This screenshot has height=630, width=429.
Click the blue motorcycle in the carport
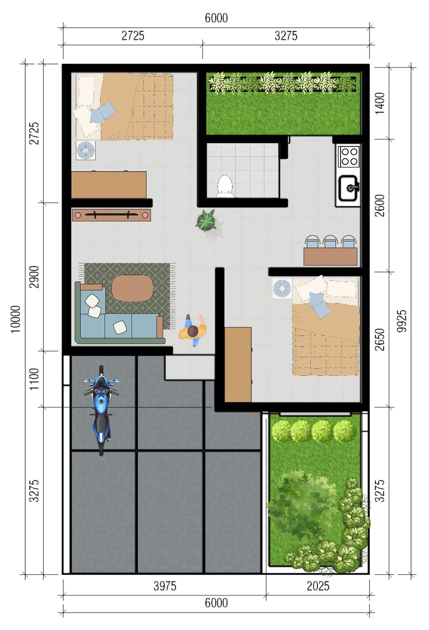coord(101,410)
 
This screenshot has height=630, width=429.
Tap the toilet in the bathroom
coord(225,185)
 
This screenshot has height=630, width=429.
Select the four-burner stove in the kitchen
coord(349,156)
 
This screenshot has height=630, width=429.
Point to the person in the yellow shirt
coord(193,330)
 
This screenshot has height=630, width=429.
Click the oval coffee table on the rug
coord(132,288)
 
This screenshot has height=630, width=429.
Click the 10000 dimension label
coord(16,319)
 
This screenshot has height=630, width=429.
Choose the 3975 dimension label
coord(165,586)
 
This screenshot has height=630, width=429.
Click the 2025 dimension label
coord(318,586)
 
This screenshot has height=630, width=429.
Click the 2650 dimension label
coord(380,339)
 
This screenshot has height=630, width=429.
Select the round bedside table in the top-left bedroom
coord(85,150)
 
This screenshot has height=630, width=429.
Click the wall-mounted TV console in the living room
coord(111,215)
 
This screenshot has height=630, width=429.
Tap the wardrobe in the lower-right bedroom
coord(238,365)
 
